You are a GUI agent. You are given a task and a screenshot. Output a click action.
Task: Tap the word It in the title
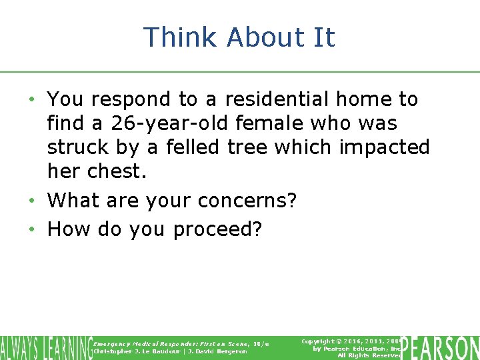click(323, 37)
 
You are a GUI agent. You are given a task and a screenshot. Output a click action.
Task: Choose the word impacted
click(383, 147)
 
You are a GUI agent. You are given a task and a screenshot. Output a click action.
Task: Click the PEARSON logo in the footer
click(441, 348)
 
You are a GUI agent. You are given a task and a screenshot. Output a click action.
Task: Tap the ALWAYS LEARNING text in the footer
click(45, 348)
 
